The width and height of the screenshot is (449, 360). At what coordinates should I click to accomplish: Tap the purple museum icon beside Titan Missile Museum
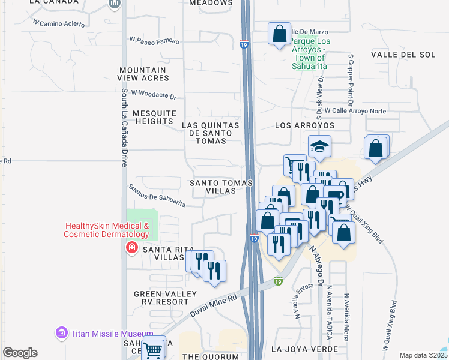tap(61, 332)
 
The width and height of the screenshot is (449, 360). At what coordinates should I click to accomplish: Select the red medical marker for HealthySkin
tap(130, 247)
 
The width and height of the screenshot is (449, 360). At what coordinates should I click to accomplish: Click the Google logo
tap(20, 353)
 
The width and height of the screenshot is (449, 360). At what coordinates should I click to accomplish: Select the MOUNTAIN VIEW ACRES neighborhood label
tap(144, 74)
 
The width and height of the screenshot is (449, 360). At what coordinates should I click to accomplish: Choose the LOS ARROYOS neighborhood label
tap(304, 125)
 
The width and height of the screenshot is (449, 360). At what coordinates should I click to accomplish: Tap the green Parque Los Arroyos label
tap(309, 53)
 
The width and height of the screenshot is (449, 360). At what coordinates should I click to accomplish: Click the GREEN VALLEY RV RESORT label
tap(165, 298)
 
